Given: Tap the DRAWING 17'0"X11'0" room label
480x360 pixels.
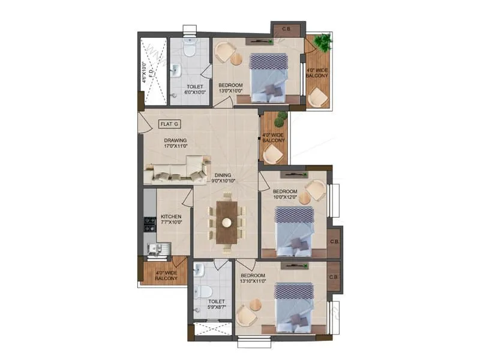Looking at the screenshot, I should pos(176,143).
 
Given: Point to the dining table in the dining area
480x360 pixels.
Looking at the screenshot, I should pos(226,222).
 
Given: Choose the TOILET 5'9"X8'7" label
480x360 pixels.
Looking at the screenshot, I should pos(216,305).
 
